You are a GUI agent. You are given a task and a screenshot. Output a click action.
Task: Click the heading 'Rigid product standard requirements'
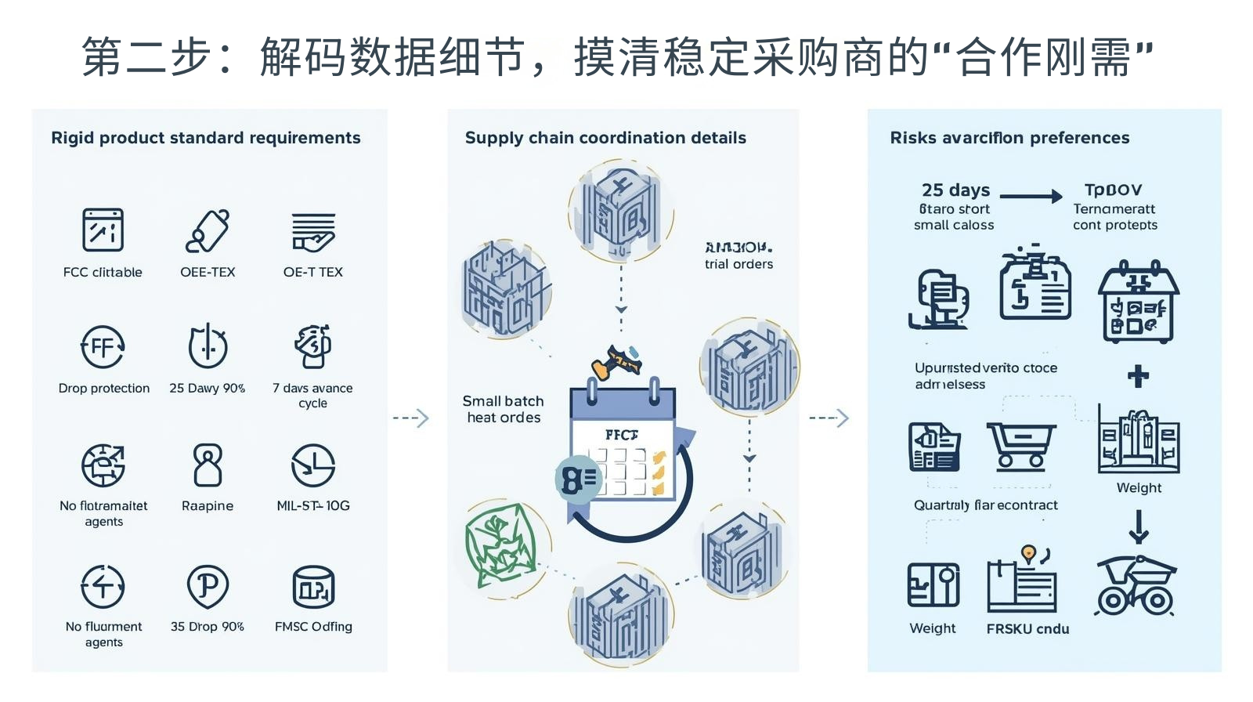pyautogui.click(x=206, y=138)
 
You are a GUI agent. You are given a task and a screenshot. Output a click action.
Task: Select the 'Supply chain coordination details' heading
pyautogui.click(x=605, y=138)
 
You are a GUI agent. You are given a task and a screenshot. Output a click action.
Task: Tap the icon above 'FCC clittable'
pyautogui.click(x=103, y=230)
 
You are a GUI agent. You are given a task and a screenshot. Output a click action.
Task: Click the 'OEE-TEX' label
pyautogui.click(x=208, y=272)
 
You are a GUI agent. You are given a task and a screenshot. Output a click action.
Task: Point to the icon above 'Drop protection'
pyautogui.click(x=103, y=347)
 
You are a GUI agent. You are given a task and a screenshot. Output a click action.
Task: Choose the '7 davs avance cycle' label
pyautogui.click(x=312, y=395)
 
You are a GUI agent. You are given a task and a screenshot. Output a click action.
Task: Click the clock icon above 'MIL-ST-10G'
pyautogui.click(x=313, y=465)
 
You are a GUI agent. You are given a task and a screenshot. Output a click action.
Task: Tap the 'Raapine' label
pyautogui.click(x=208, y=506)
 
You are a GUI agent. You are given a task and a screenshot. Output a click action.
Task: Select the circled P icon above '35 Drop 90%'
pyautogui.click(x=208, y=586)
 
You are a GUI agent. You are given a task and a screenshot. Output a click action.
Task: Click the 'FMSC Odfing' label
pyautogui.click(x=313, y=627)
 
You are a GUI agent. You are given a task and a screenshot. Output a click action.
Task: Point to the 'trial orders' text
pyautogui.click(x=738, y=264)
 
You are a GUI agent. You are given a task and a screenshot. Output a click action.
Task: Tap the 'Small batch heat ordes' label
pyautogui.click(x=504, y=409)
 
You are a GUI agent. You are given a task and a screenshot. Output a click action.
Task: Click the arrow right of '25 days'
pyautogui.click(x=1031, y=197)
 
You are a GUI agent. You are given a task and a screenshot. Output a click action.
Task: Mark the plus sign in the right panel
pyautogui.click(x=1138, y=377)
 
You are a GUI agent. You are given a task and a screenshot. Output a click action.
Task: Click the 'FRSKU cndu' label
pyautogui.click(x=1027, y=628)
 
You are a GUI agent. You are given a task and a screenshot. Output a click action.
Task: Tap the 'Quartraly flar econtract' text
pyautogui.click(x=985, y=505)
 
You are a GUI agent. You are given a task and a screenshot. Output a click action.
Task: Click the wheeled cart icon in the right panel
pyautogui.click(x=1136, y=586)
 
